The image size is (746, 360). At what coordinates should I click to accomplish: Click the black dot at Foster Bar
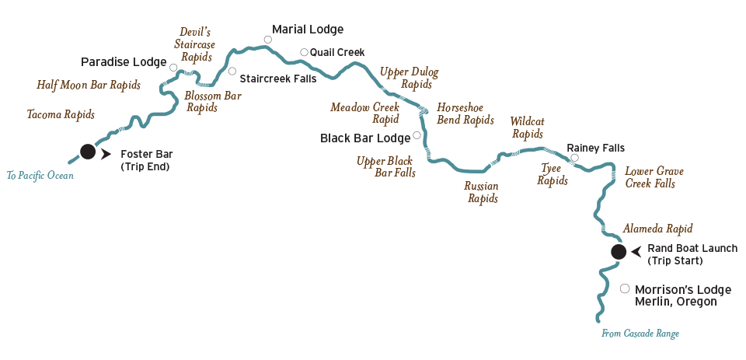point(88,152)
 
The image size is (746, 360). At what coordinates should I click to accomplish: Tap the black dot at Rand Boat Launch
point(619,252)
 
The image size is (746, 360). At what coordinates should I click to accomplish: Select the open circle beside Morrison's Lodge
point(625,288)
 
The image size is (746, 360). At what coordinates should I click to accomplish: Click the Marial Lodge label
point(308,30)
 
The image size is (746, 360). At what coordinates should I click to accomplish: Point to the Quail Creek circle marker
point(304,52)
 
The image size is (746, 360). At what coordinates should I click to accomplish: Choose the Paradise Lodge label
point(124,62)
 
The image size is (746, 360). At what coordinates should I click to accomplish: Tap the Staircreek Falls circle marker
point(232,72)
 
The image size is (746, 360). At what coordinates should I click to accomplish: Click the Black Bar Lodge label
point(365,138)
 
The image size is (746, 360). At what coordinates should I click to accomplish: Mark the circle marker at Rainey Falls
point(575,158)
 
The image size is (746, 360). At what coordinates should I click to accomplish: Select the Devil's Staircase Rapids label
point(194,45)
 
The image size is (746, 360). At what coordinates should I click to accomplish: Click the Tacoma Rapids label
point(61,115)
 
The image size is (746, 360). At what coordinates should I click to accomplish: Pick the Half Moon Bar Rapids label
point(89,86)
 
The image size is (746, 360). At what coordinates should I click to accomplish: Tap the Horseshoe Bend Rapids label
point(465,114)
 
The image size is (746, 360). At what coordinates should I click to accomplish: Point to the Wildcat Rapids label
point(527,128)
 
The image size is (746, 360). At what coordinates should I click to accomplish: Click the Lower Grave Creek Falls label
point(650,177)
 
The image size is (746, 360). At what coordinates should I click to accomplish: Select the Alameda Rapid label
point(657,229)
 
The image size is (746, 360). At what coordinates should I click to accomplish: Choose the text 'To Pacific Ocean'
point(40,176)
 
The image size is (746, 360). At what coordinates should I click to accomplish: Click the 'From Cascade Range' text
point(640,334)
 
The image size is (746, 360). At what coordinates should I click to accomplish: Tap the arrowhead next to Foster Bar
point(106,154)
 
